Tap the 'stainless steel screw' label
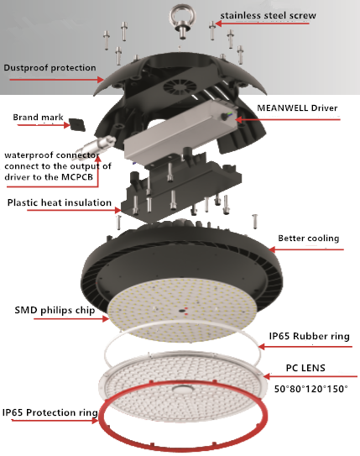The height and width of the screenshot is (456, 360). (x=268, y=15)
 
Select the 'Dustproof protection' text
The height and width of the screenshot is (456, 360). (x=50, y=68)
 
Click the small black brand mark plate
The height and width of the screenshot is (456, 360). (x=76, y=124)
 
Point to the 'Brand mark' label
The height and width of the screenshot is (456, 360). (x=38, y=118)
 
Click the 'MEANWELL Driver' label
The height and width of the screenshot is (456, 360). (x=297, y=107)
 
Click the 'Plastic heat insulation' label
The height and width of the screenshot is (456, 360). (x=60, y=202)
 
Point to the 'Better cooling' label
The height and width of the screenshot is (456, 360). (x=309, y=238)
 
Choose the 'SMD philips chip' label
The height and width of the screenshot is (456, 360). (x=55, y=311)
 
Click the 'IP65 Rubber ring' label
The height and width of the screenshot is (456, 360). (x=309, y=336)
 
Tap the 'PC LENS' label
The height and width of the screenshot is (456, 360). (x=305, y=368)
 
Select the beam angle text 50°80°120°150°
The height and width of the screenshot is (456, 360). (x=310, y=389)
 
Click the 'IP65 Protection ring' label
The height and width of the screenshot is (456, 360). (x=50, y=412)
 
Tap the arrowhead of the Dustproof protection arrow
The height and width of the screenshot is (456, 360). (x=100, y=80)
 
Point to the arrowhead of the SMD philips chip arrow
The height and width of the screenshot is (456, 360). (x=106, y=319)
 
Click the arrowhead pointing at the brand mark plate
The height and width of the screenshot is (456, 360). (x=66, y=125)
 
